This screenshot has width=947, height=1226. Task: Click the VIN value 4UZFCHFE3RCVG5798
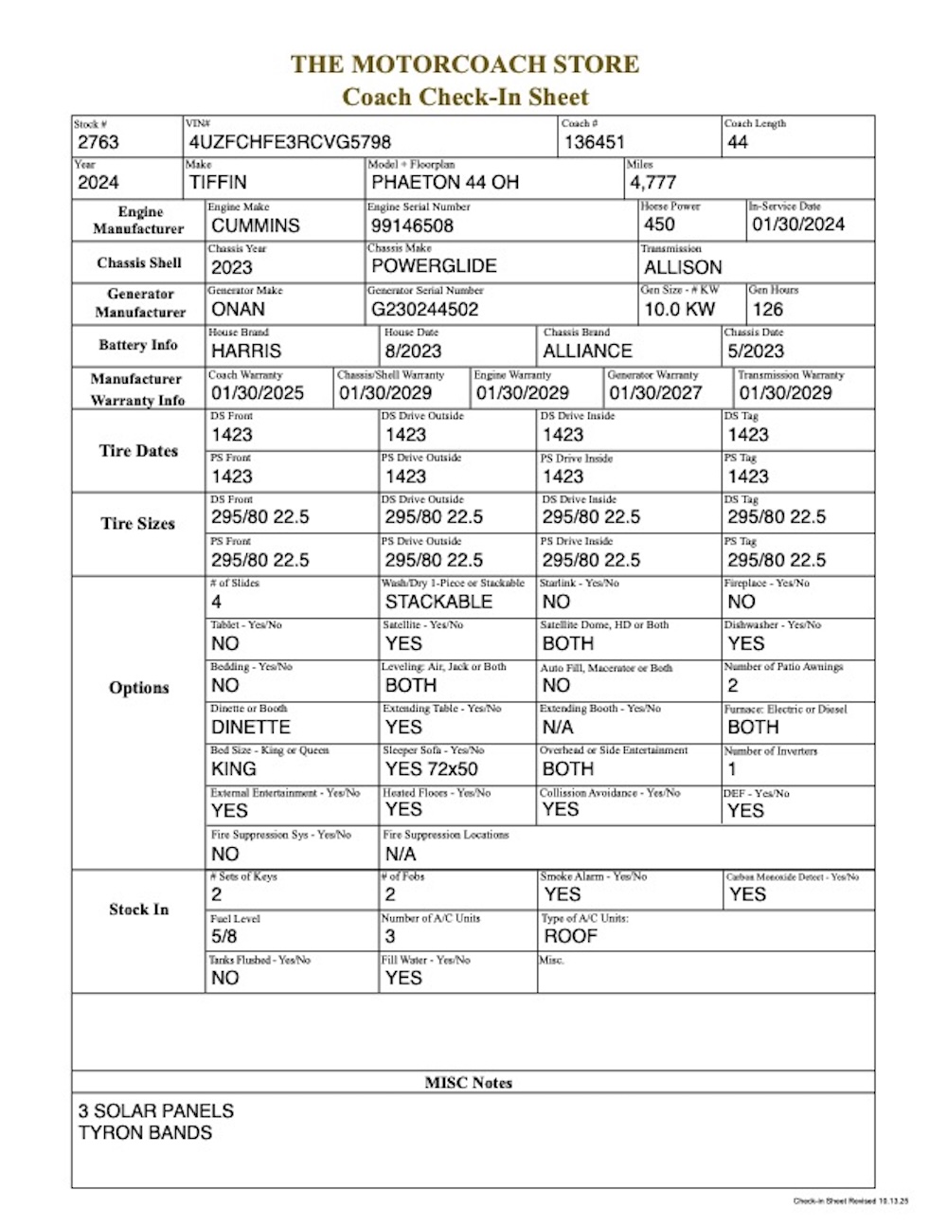tap(290, 142)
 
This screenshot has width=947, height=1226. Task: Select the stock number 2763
tap(98, 142)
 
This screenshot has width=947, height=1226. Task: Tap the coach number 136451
tap(595, 142)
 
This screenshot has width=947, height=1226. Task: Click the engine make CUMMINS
tap(255, 225)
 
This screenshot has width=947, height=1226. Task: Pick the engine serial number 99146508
tap(412, 225)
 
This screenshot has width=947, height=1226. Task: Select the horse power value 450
tap(659, 225)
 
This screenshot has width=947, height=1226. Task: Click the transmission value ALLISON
tap(683, 267)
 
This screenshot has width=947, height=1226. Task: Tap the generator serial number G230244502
tap(425, 309)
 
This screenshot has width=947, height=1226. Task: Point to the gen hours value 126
tap(767, 309)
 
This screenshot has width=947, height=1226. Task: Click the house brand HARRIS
tap(246, 351)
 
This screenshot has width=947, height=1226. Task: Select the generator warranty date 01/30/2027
tap(655, 392)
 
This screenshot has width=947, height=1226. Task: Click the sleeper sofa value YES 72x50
tap(431, 768)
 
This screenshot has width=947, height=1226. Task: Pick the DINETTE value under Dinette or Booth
tap(251, 727)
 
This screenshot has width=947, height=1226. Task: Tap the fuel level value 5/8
tap(224, 936)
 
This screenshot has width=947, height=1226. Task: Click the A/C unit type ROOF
tap(570, 936)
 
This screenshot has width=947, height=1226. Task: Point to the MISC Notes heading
tap(468, 1082)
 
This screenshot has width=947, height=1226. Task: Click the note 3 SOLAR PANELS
tap(156, 1110)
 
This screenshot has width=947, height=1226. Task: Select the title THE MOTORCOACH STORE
tap(464, 64)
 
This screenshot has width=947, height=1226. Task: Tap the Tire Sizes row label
tap(138, 523)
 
